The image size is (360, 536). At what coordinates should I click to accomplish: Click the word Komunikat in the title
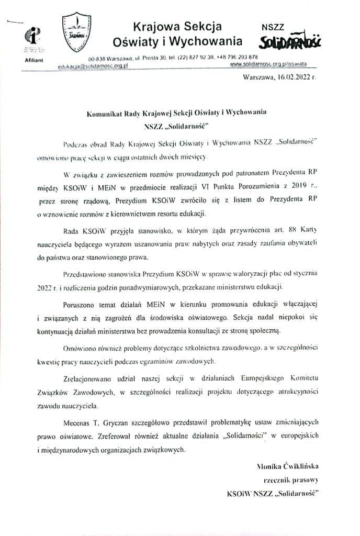(105, 112)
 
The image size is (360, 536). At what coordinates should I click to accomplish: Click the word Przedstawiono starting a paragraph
(86, 274)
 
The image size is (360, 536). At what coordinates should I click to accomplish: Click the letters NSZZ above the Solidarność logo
(274, 25)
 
